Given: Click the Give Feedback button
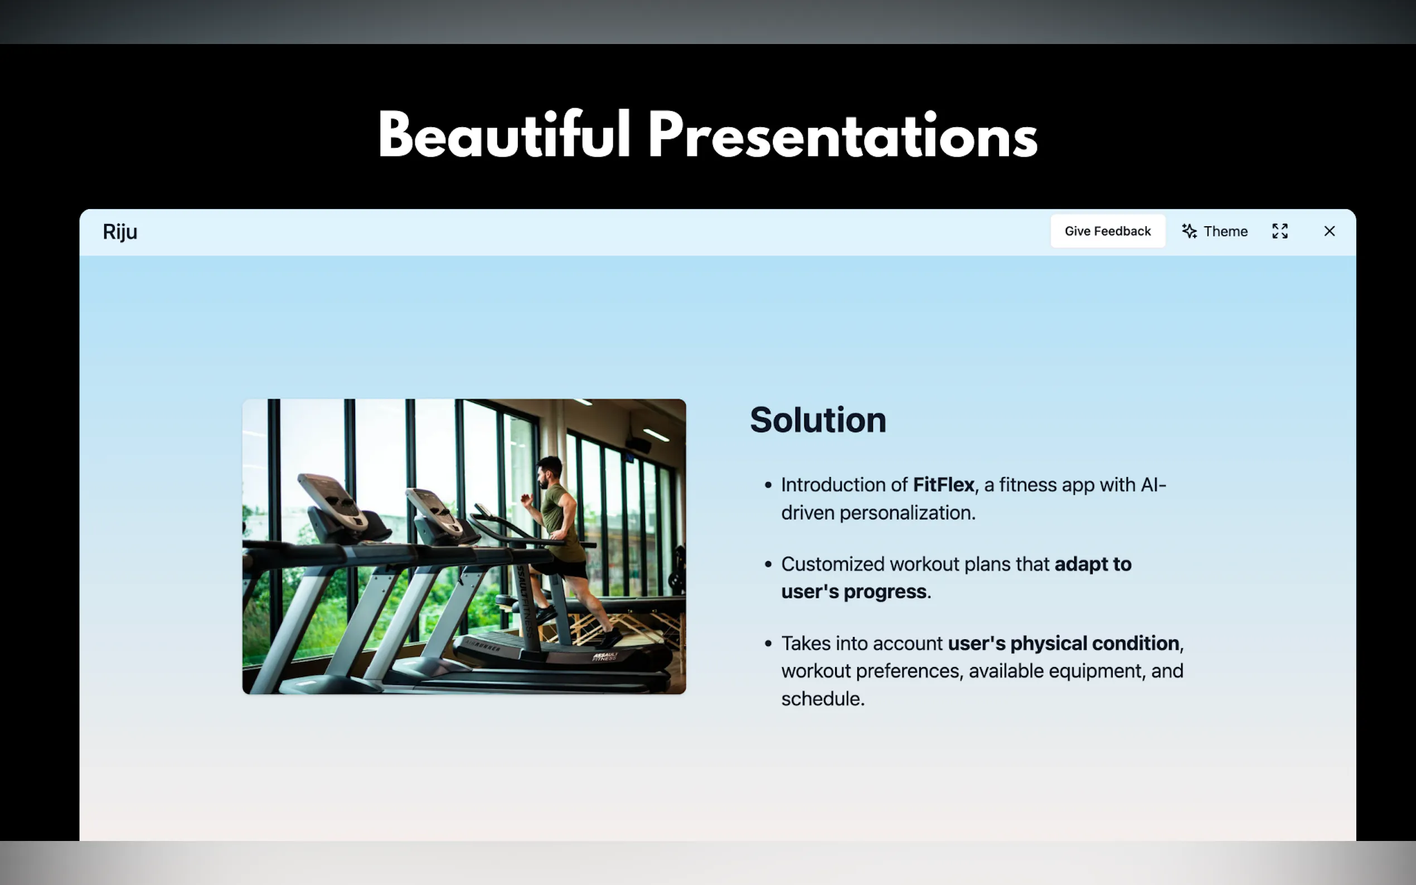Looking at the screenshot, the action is tap(1108, 231).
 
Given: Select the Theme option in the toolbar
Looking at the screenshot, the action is tap(1215, 231).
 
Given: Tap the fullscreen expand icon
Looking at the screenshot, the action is tap(1279, 231).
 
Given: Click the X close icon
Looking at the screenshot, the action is tap(1330, 231).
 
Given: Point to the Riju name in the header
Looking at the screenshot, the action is tap(120, 232).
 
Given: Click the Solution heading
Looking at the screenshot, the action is tap(818, 420).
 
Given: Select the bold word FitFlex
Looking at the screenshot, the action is tap(944, 485).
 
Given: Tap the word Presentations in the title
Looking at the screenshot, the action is tap(842, 135).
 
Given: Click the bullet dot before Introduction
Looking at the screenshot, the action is tap(768, 485).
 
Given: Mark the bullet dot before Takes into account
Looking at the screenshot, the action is tap(768, 643).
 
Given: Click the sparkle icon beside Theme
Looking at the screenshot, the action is tap(1189, 231).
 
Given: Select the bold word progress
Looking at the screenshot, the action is tap(885, 591).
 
